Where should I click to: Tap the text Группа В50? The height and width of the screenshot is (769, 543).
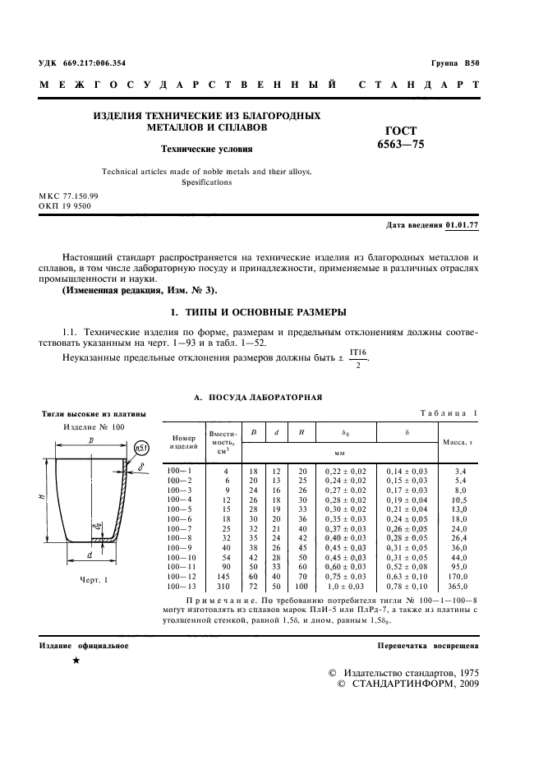pyautogui.click(x=455, y=63)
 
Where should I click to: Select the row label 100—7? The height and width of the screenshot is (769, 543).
pyautogui.click(x=179, y=529)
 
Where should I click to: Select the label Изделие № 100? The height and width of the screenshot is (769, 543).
pyautogui.click(x=94, y=428)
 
